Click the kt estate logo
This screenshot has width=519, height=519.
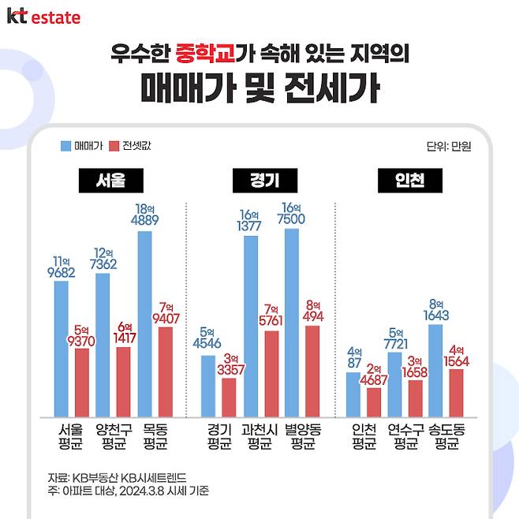pyautogui.click(x=43, y=16)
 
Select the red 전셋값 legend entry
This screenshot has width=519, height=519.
pyautogui.click(x=130, y=146)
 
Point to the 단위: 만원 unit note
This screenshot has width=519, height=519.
pyautogui.click(x=447, y=146)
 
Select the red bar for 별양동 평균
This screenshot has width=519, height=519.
pyautogui.click(x=312, y=371)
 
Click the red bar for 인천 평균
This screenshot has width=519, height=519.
pyautogui.click(x=374, y=401)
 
